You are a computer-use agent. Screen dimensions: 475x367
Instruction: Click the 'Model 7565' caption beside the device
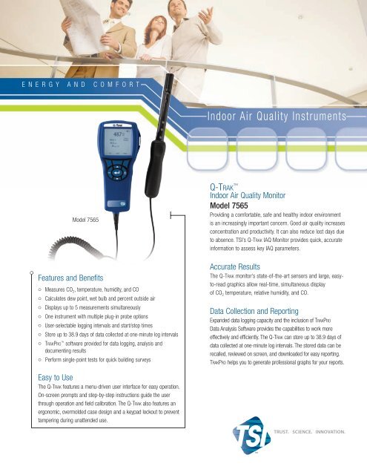tap(86, 220)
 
